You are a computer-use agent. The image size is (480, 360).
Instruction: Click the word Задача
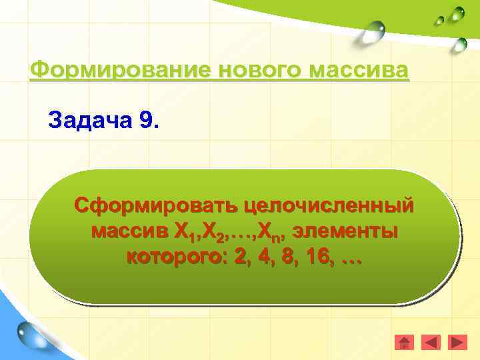click(91, 121)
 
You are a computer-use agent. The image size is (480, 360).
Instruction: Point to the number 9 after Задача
click(147, 121)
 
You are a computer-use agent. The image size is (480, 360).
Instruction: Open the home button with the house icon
click(405, 342)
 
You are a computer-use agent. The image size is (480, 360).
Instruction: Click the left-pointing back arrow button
click(431, 342)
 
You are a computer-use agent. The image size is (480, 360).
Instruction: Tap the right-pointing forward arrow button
click(457, 342)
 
